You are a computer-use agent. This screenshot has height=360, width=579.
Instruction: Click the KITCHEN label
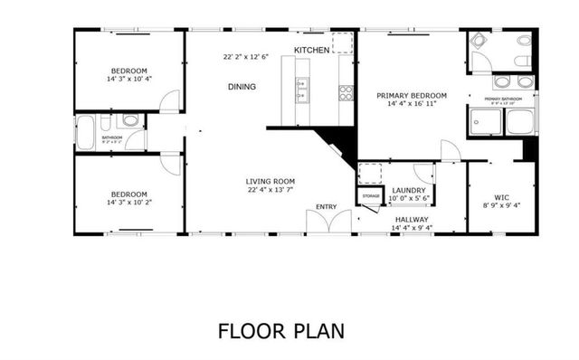click(311, 50)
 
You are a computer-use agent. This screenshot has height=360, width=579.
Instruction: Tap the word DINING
click(242, 87)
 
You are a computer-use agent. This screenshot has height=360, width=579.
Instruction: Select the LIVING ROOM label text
click(271, 181)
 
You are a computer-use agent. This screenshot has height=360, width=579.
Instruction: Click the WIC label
click(502, 196)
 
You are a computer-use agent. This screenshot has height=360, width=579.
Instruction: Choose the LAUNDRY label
click(409, 190)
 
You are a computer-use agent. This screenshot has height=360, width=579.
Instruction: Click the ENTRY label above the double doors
click(326, 207)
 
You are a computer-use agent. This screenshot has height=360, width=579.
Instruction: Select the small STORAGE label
click(371, 196)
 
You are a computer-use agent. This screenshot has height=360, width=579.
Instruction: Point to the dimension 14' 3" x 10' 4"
click(129, 80)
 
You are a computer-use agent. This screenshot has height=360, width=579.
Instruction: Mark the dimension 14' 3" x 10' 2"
click(129, 203)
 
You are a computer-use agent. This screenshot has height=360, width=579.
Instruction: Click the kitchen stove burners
click(346, 91)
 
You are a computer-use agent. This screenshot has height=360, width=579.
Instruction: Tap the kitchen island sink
click(300, 88)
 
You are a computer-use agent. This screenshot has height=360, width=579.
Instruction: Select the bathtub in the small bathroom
click(87, 133)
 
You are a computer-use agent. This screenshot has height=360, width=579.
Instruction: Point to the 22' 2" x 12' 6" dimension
click(247, 57)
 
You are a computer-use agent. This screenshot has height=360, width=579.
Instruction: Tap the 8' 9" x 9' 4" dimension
click(502, 204)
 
